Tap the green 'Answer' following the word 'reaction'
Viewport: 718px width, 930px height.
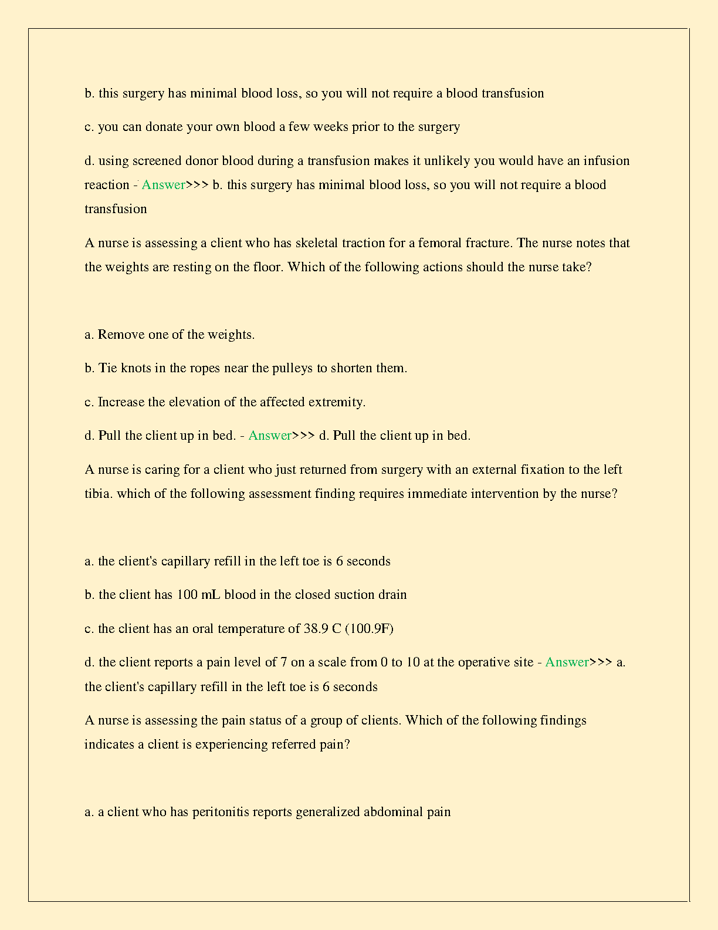click(163, 185)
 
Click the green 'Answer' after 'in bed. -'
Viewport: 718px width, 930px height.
click(270, 436)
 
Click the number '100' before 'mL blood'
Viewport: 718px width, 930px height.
click(187, 595)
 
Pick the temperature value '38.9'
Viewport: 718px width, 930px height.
click(316, 629)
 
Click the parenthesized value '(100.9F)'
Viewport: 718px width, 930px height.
click(369, 629)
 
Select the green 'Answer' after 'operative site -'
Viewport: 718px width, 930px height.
click(567, 662)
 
